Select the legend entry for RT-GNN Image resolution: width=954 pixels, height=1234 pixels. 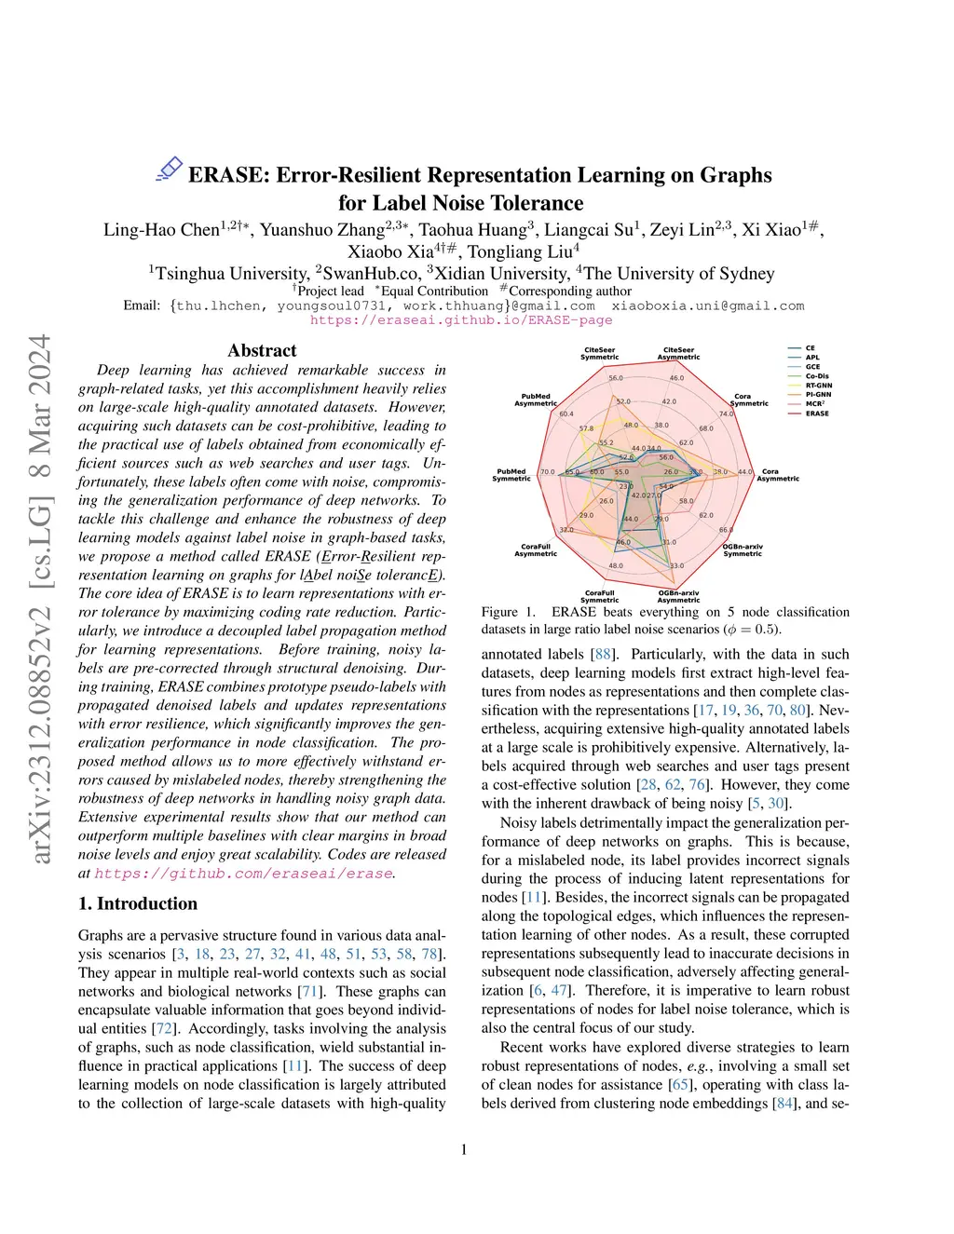818,385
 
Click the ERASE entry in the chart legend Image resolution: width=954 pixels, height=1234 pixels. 816,413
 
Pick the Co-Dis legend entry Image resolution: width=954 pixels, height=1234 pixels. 816,375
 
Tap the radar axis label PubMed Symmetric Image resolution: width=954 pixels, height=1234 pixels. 511,475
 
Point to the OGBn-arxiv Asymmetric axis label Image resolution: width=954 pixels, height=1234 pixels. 678,596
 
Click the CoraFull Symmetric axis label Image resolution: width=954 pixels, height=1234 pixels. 600,596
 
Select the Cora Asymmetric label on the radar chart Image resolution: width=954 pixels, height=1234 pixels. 777,475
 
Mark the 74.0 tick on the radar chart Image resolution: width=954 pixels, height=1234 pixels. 726,414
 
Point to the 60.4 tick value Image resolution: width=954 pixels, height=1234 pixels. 566,414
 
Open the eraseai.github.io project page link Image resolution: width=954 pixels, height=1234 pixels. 461,319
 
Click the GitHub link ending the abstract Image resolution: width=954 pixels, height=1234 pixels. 243,874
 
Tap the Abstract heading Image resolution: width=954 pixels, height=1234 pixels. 262,350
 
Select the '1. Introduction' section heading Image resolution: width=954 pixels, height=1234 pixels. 138,903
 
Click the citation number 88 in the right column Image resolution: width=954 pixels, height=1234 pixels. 602,655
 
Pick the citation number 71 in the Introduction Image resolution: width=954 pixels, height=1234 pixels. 310,992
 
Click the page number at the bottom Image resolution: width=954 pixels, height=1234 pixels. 464,1149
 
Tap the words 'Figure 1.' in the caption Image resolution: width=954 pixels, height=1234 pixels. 509,612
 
